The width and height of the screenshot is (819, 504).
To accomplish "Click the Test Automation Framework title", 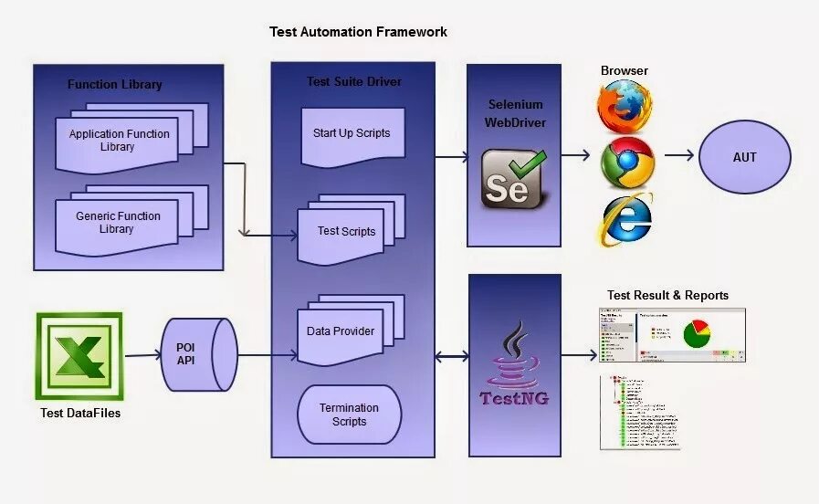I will pyautogui.click(x=358, y=32).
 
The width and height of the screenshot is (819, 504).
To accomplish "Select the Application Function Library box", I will pyautogui.click(x=119, y=141).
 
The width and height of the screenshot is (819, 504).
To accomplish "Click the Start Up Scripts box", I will pyautogui.click(x=352, y=134).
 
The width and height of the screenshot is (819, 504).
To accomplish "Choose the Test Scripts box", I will pyautogui.click(x=346, y=232).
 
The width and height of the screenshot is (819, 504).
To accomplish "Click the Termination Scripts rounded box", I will pyautogui.click(x=350, y=415).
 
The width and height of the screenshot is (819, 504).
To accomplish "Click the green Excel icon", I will pyautogui.click(x=79, y=356).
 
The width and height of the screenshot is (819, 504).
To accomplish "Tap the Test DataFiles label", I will pyautogui.click(x=80, y=414).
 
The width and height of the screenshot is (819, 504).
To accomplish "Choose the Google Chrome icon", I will pyautogui.click(x=627, y=163).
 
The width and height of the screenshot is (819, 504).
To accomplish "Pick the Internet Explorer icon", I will pyautogui.click(x=626, y=219).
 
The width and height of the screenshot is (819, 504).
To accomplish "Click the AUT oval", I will pyautogui.click(x=745, y=157).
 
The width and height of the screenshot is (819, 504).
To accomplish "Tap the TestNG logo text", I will pyautogui.click(x=514, y=399).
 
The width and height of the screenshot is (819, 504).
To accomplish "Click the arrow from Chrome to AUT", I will pyautogui.click(x=678, y=156).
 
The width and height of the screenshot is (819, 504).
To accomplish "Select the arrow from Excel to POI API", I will pyautogui.click(x=142, y=355).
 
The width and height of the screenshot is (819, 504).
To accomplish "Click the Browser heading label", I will pyautogui.click(x=625, y=70).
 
